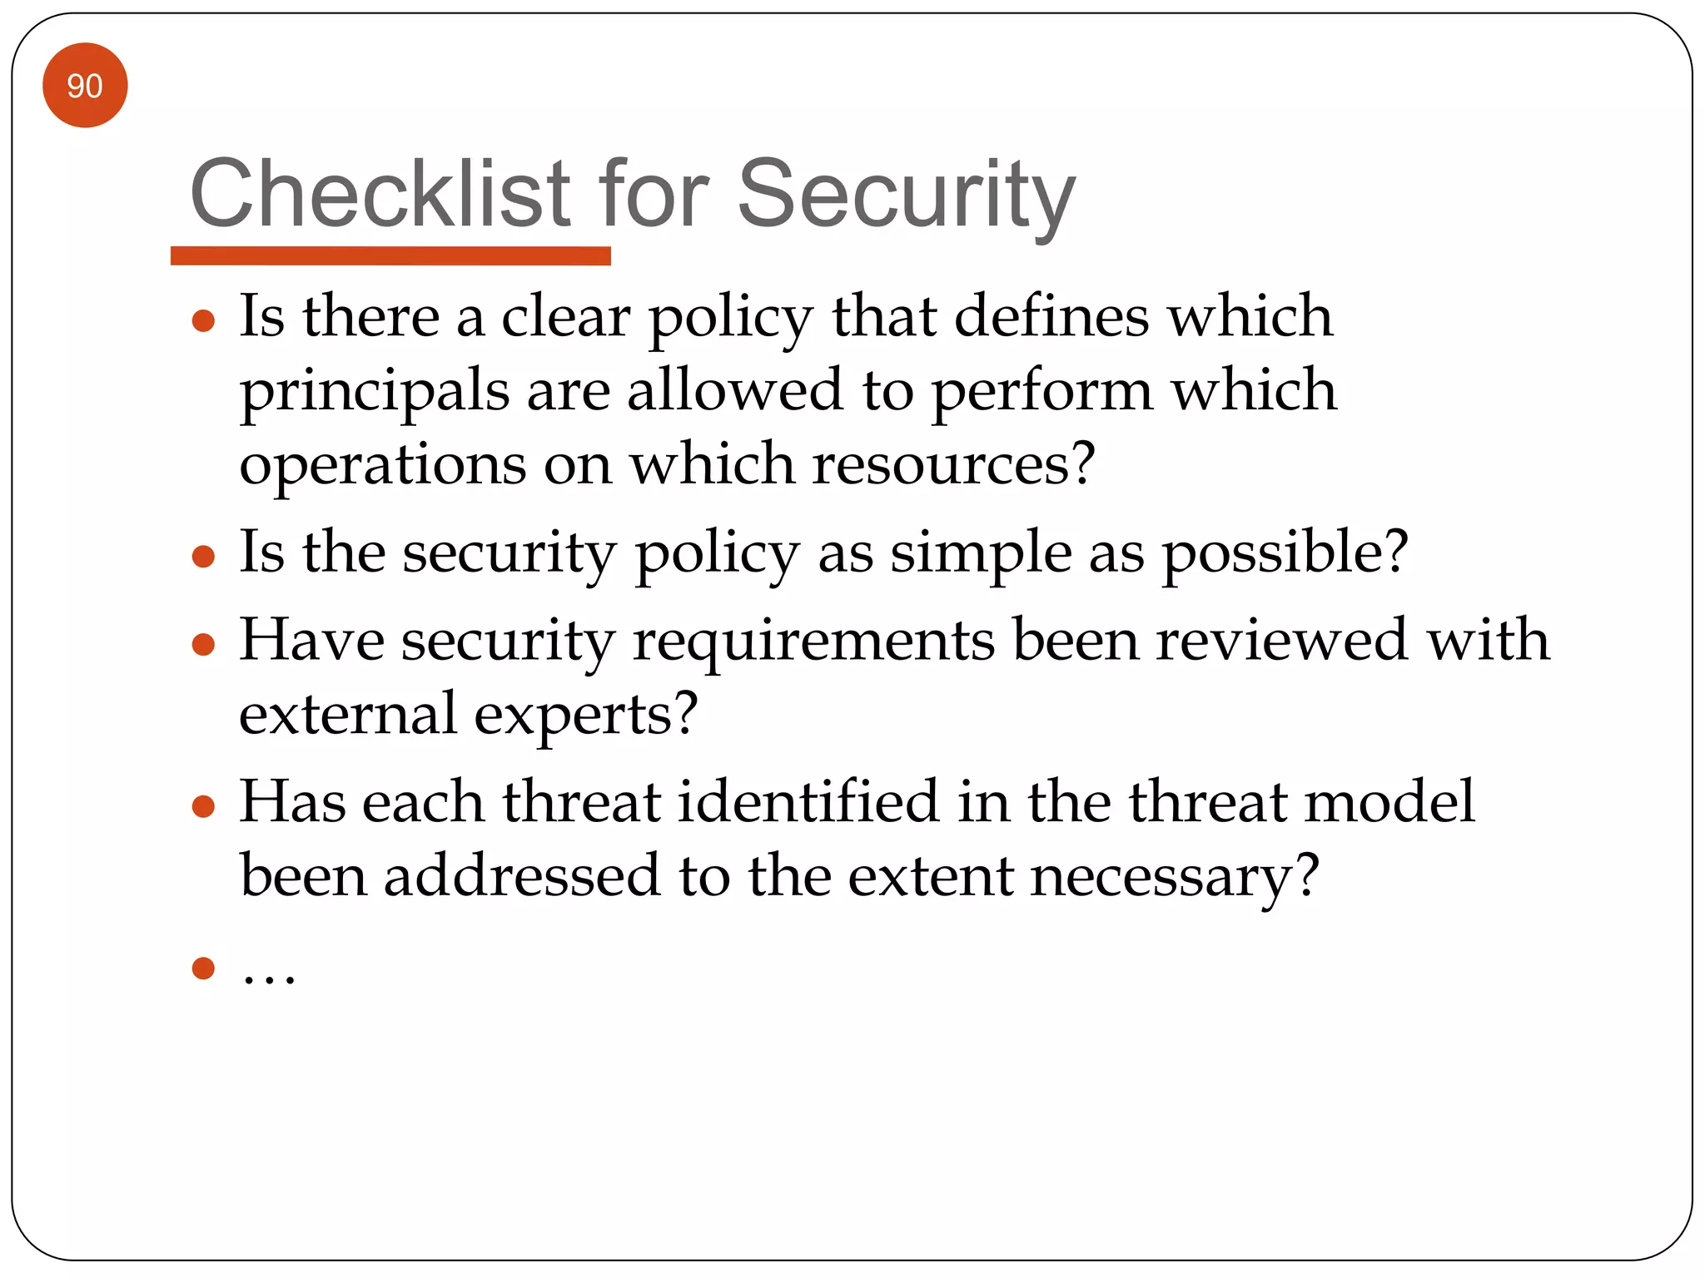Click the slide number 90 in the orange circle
pyautogui.click(x=84, y=86)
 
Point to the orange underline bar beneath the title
pyautogui.click(x=390, y=255)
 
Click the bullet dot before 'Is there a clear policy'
pyautogui.click(x=203, y=320)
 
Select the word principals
pyautogui.click(x=375, y=392)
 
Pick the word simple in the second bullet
pyautogui.click(x=981, y=554)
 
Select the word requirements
pyautogui.click(x=813, y=642)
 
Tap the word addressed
pyautogui.click(x=521, y=876)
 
